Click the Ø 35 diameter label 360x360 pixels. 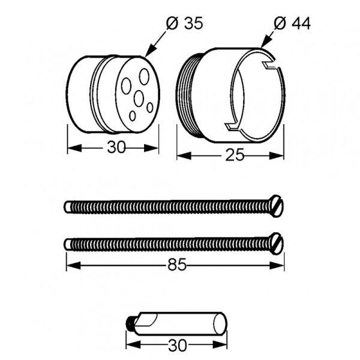click(x=185, y=23)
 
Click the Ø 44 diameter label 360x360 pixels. click(x=292, y=23)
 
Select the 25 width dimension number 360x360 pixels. click(x=235, y=155)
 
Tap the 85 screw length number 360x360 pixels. click(x=177, y=265)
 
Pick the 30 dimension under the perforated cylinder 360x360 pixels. click(x=116, y=147)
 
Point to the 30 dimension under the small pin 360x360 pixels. click(x=178, y=345)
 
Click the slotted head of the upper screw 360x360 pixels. click(x=277, y=206)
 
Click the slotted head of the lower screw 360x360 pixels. click(x=277, y=244)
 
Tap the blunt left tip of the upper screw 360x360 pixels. click(x=67, y=207)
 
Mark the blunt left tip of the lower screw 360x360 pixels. click(x=67, y=244)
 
